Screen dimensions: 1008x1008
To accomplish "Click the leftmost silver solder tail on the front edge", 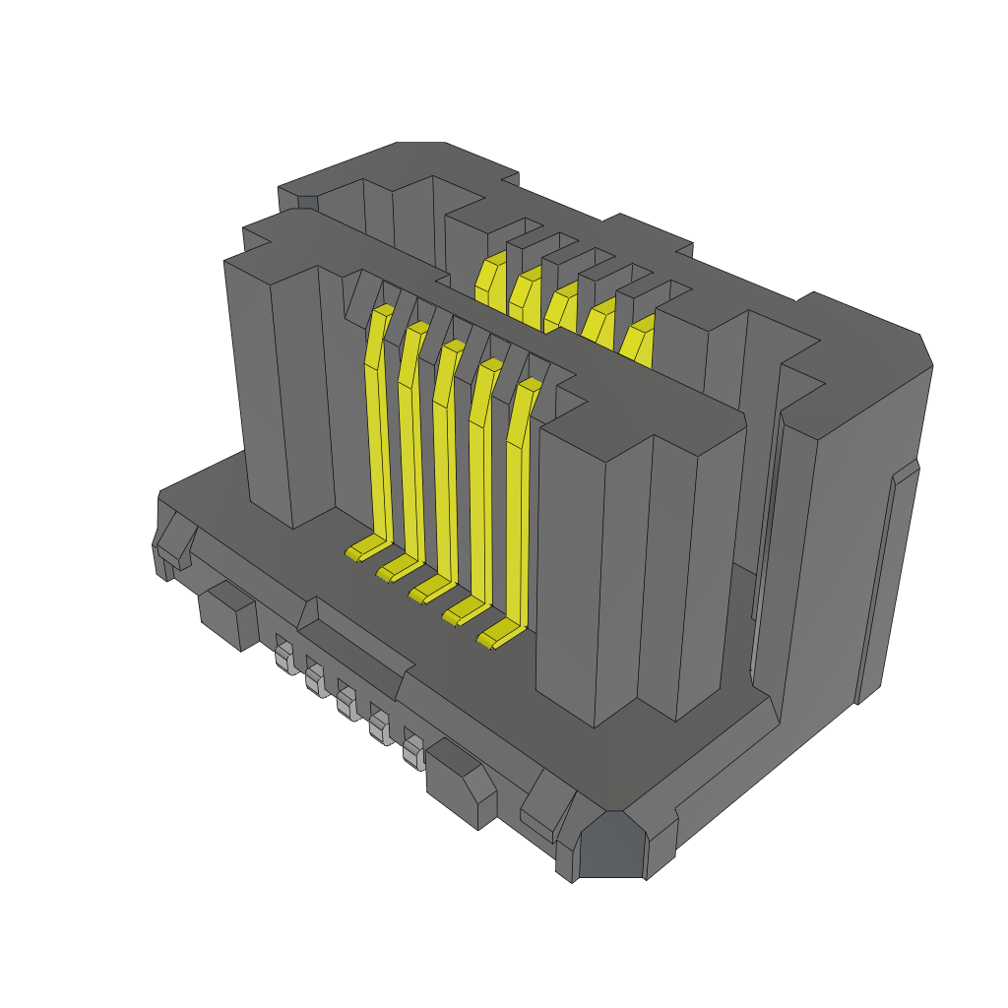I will [285, 658].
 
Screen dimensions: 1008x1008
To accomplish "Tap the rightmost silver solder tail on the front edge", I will [414, 752].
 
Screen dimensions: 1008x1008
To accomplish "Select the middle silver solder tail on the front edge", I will [346, 704].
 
